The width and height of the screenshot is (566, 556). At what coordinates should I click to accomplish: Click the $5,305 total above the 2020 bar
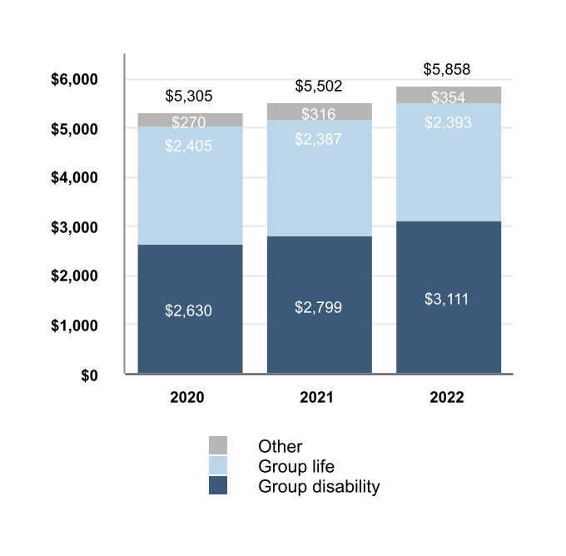coord(189,97)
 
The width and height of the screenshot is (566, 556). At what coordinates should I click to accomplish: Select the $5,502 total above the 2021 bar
coord(319,87)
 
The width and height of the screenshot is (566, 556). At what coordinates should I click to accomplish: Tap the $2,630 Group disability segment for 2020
coord(190,310)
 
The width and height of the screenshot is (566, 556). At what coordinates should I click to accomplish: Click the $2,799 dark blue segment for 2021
coord(319,307)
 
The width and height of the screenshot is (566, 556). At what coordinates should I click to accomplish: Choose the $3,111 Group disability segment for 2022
coord(449,299)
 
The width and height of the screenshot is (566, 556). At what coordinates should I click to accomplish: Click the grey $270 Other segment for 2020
coord(190,121)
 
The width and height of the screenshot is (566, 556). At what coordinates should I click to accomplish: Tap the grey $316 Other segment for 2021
coord(319,112)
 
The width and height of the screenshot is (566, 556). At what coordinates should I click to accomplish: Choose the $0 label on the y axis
coord(89,375)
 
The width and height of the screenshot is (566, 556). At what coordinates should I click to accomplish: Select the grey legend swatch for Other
coord(218,445)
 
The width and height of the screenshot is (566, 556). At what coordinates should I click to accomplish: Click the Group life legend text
coord(296,467)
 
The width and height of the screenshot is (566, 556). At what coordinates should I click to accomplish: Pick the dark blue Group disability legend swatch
coord(218,486)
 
